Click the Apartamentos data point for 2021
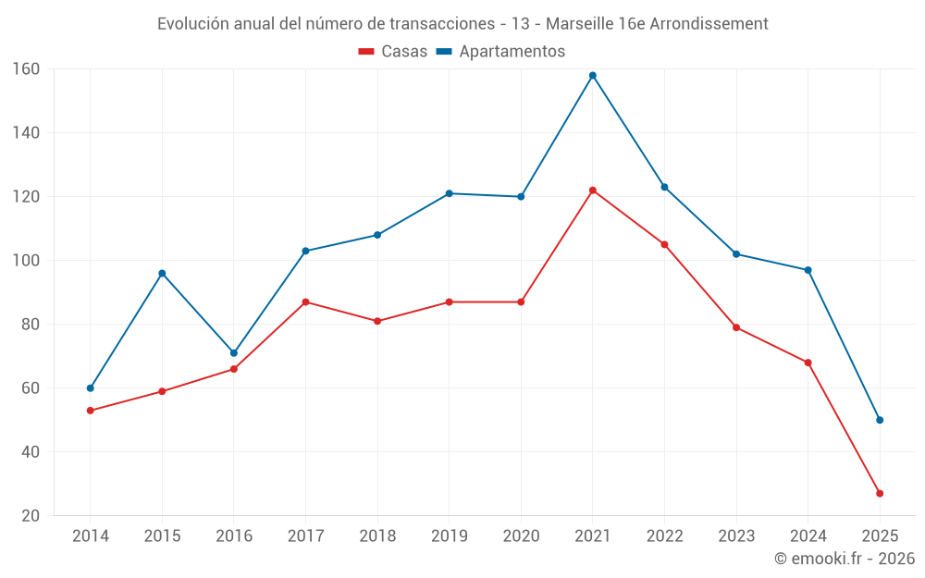pos(593,76)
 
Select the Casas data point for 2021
pos(593,191)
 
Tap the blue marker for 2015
pos(162,274)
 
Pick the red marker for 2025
pos(880,494)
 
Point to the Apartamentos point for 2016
pos(234,353)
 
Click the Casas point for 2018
pos(377,322)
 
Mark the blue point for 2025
pos(880,420)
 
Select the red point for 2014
pos(91,411)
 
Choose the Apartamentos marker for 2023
pos(736,254)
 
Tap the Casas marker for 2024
pos(808,363)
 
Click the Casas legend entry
pos(393,52)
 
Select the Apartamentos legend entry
pos(500,52)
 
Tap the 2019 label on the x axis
pos(449,536)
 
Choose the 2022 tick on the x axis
pos(664,536)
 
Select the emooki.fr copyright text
pos(845,559)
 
